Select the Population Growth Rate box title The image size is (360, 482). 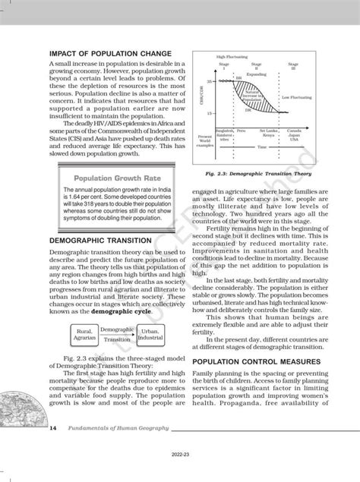click(x=115, y=179)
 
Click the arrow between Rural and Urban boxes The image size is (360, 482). click(x=118, y=336)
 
